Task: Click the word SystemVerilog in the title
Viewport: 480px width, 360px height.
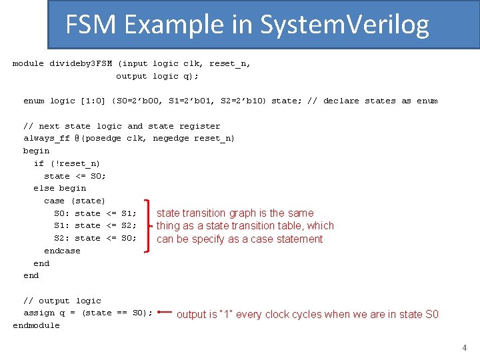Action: (x=344, y=25)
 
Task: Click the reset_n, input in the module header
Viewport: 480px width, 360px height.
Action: (x=230, y=63)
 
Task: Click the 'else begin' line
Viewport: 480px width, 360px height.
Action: (x=59, y=188)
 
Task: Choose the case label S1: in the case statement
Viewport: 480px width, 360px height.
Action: (x=62, y=225)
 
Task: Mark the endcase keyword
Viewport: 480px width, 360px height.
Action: (x=62, y=251)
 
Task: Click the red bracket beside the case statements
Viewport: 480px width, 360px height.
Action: (x=147, y=225)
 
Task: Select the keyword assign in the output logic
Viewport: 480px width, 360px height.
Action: (x=39, y=313)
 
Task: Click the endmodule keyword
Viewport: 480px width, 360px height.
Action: (x=36, y=325)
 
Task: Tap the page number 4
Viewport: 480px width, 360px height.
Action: (x=465, y=347)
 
